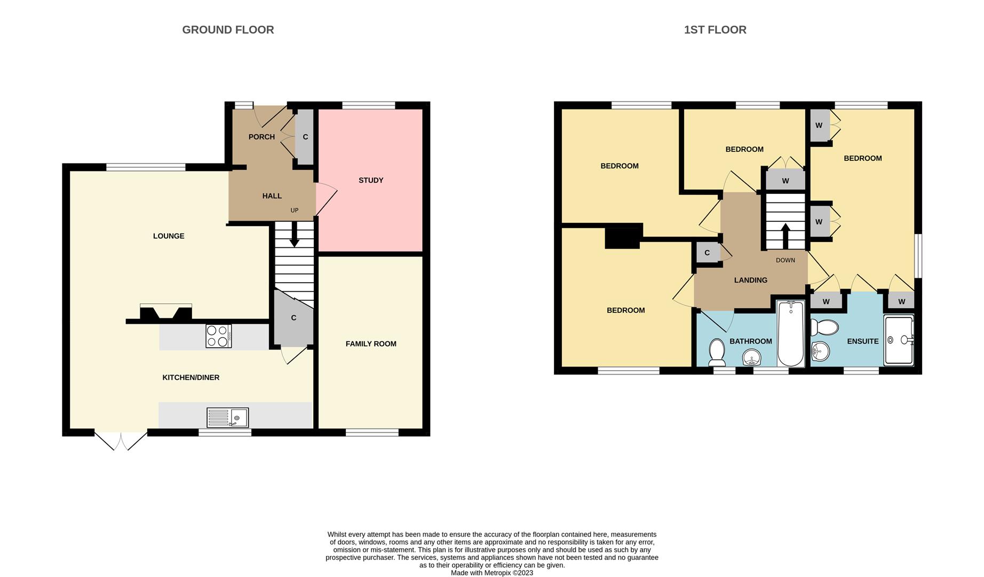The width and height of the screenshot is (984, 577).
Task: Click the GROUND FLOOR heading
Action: [x=228, y=30]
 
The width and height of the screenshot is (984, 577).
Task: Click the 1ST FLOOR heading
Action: [x=715, y=30]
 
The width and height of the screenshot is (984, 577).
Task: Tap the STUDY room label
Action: [x=370, y=181]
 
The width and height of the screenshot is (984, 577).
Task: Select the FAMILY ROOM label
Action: [x=370, y=344]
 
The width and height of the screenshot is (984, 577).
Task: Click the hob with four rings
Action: [x=219, y=336]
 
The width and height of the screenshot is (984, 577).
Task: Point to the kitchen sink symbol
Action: [x=228, y=417]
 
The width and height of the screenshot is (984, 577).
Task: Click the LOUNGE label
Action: [x=169, y=236]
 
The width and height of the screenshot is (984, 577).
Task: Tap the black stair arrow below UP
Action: [x=294, y=235]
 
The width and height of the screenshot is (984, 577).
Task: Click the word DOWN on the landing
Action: [x=785, y=260]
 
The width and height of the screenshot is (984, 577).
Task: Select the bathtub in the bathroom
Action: [x=790, y=334]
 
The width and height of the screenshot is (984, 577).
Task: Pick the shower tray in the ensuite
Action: [x=899, y=340]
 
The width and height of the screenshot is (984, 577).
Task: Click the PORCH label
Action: [x=261, y=137]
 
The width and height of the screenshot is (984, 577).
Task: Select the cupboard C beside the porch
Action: [x=305, y=137]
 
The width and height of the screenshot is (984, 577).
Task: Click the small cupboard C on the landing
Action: [x=707, y=253]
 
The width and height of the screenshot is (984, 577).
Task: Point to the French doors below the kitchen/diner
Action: [x=121, y=441]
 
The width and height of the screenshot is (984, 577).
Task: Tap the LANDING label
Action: [x=750, y=280]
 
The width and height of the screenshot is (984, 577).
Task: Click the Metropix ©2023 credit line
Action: [x=491, y=573]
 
